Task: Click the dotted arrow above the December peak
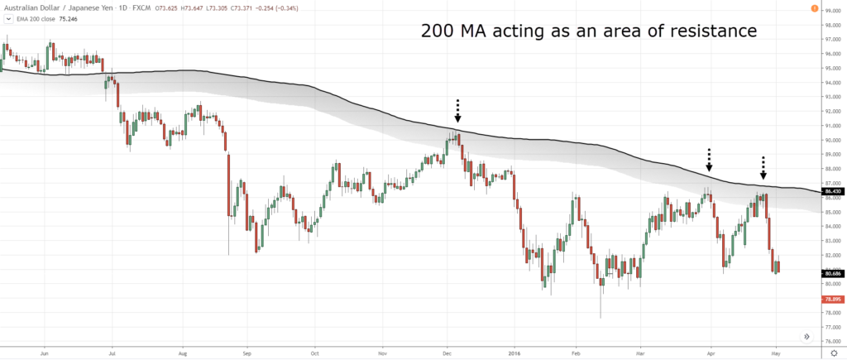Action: click(458, 110)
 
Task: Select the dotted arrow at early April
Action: click(709, 161)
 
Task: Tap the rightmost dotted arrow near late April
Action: click(763, 168)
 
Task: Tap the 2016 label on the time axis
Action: click(514, 352)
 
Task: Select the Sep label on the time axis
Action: click(246, 352)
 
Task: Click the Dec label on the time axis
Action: click(447, 352)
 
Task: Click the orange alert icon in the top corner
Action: click(816, 9)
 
